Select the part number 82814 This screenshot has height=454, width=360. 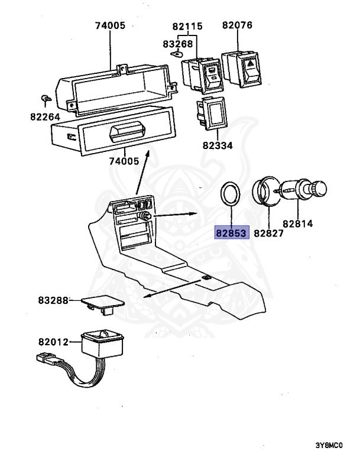297,225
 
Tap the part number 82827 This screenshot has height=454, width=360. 268,233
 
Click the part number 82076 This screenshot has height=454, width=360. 238,25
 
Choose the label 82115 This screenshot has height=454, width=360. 188,26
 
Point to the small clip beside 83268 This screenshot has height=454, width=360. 176,53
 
